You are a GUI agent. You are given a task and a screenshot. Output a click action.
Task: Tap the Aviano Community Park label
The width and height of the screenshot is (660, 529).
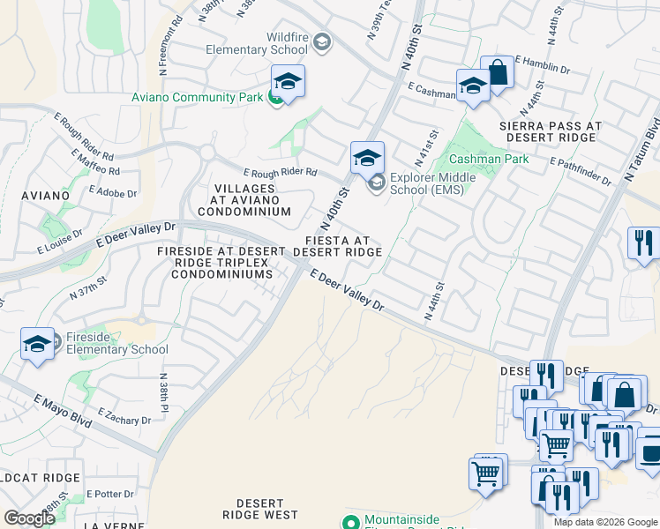197,97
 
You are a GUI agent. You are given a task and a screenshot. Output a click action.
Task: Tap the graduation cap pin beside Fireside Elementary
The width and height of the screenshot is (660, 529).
38,345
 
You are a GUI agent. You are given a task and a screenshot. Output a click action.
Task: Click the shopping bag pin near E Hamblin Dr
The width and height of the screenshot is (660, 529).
498,73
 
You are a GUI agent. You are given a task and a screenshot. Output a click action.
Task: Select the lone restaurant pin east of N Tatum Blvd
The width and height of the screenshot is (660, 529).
644,242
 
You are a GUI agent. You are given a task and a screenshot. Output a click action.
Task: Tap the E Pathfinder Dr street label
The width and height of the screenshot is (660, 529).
580,171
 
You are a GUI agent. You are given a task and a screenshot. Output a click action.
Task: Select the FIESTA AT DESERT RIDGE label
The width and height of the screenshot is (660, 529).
337,246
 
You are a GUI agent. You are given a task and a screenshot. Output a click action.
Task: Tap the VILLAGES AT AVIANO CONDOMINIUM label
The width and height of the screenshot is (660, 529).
244,200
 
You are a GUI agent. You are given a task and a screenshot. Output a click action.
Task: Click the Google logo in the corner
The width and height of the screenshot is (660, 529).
29,518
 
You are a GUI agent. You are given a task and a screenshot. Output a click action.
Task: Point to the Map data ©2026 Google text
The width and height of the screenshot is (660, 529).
605,522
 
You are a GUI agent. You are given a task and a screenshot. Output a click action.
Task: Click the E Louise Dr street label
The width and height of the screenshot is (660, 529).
59,242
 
